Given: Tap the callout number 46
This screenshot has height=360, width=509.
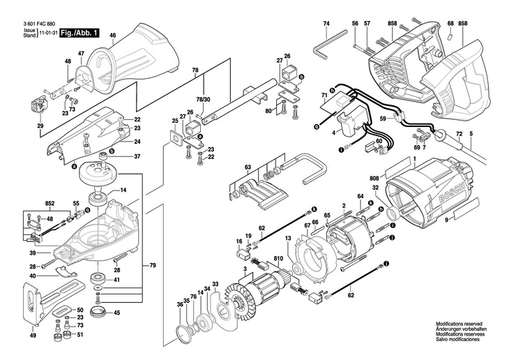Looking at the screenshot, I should (x=112, y=36).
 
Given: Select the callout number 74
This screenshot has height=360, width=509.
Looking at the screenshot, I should (x=326, y=24).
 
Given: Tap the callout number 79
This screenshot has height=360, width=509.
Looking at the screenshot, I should (x=153, y=267).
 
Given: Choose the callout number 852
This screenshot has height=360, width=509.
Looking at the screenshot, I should (x=50, y=204).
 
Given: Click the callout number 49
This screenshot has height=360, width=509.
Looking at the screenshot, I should (x=32, y=335).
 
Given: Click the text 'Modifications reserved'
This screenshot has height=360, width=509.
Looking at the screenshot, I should (x=460, y=324).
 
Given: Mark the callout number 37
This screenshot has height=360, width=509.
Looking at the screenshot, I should (x=137, y=156).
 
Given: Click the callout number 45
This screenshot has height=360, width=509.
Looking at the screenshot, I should (x=116, y=312).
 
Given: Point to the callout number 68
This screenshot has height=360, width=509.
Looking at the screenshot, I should (x=450, y=24).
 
